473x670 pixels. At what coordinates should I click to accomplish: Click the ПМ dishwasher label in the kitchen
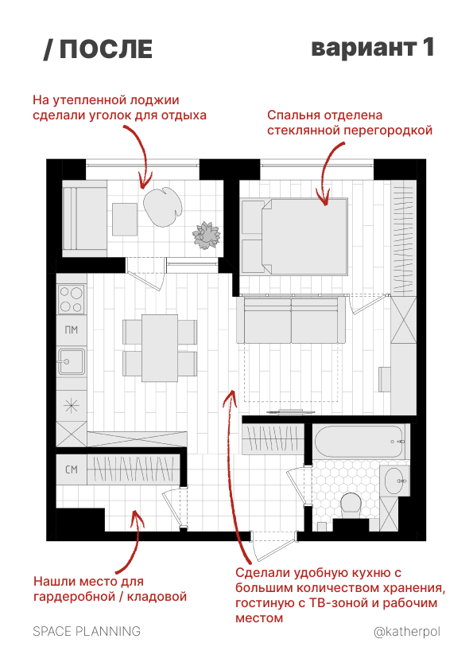72,330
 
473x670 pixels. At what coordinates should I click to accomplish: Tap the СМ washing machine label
72,469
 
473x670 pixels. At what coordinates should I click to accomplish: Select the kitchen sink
72,361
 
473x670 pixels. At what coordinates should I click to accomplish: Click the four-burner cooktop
72,299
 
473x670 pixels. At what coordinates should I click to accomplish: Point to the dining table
160,348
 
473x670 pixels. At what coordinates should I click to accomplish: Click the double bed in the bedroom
295,236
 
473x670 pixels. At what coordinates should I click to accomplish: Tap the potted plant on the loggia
206,236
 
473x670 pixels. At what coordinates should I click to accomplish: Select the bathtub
359,442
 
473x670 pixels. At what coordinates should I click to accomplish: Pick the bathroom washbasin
395,481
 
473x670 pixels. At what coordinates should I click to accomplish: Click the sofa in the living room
291,320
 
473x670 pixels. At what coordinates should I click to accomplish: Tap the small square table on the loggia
125,219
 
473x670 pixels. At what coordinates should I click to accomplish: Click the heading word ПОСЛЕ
106,49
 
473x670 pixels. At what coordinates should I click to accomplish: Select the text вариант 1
373,48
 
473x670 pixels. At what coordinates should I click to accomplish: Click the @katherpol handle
407,632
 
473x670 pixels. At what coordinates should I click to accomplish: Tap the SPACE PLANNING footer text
87,631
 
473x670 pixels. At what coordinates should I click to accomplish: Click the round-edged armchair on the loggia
163,207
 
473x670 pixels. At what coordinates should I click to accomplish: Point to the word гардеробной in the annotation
74,597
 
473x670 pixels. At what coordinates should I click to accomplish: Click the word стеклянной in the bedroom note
304,130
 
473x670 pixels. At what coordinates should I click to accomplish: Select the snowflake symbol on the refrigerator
72,406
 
